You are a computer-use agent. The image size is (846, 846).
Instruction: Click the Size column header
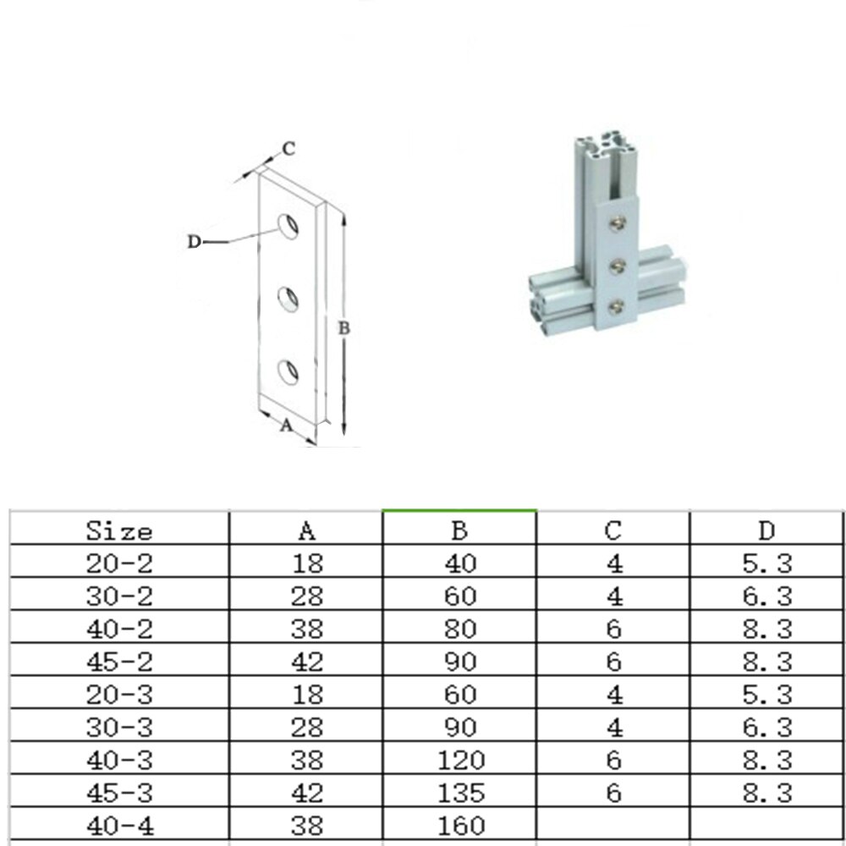(x=119, y=531)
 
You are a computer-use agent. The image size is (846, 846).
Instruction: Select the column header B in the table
(x=459, y=531)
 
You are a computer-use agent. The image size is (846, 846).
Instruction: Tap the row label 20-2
(x=119, y=563)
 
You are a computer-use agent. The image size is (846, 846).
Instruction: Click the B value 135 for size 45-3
(x=461, y=794)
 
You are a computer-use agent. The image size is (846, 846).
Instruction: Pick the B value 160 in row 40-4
(x=461, y=826)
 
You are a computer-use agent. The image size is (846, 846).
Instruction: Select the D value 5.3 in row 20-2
(x=766, y=563)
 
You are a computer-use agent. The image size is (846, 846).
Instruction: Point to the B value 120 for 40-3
(x=461, y=761)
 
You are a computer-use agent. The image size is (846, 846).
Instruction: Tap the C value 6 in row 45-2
(x=614, y=662)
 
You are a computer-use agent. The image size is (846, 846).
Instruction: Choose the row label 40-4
(x=119, y=826)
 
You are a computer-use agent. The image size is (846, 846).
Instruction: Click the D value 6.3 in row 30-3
(x=766, y=728)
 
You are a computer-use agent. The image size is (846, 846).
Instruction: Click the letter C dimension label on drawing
(x=288, y=149)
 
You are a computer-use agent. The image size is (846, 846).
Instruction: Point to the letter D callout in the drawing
(x=194, y=242)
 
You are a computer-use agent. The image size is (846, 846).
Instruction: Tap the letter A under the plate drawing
(x=286, y=426)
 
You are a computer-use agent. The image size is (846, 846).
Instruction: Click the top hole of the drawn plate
(x=289, y=225)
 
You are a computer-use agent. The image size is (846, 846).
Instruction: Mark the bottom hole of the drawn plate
(x=289, y=371)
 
